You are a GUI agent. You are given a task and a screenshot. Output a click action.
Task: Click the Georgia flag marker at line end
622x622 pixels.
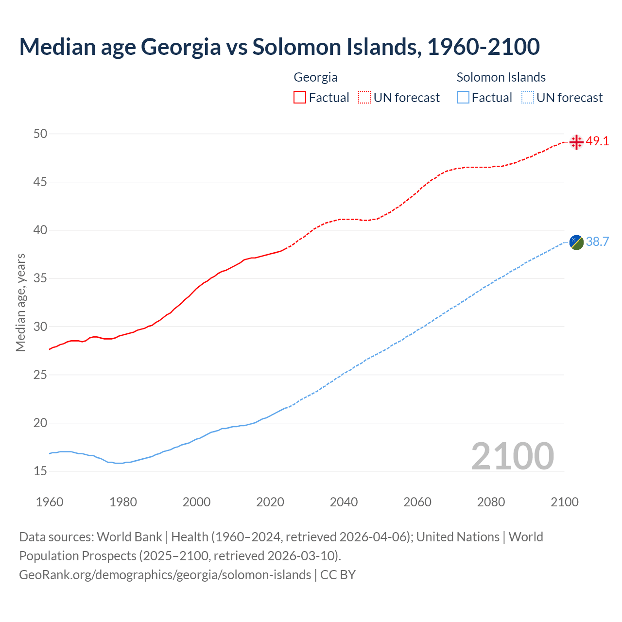pos(576,142)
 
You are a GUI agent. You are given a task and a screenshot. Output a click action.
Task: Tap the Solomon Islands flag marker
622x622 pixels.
pos(576,242)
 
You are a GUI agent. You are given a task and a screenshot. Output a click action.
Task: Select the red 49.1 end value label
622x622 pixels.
pos(597,141)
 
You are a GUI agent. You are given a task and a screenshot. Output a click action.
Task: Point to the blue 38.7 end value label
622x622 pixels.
pos(597,242)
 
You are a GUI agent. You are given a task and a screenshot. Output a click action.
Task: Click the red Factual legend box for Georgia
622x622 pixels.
pos(300,98)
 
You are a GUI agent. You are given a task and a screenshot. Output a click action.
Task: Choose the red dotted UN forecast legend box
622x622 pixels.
pos(364,98)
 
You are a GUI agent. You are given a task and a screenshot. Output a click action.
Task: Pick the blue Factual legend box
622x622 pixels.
pos(463,98)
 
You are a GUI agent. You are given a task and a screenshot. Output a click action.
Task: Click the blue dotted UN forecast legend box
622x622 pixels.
pos(527,98)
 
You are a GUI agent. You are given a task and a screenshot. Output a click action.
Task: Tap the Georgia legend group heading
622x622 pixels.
pos(315,77)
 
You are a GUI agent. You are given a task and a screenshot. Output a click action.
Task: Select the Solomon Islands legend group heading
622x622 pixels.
pos(501,77)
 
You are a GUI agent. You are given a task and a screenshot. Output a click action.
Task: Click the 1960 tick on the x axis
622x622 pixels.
pos(50,502)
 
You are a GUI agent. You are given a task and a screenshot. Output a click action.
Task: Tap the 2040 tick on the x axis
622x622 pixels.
pos(344,502)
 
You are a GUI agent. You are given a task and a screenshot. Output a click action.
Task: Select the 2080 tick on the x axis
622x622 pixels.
pos(491,502)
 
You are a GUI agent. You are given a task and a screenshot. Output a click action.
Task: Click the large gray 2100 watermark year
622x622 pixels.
pos(512,456)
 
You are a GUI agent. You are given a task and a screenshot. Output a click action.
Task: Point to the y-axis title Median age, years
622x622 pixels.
pos(20,302)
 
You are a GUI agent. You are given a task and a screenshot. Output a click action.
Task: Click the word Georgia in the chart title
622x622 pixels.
pos(181,47)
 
